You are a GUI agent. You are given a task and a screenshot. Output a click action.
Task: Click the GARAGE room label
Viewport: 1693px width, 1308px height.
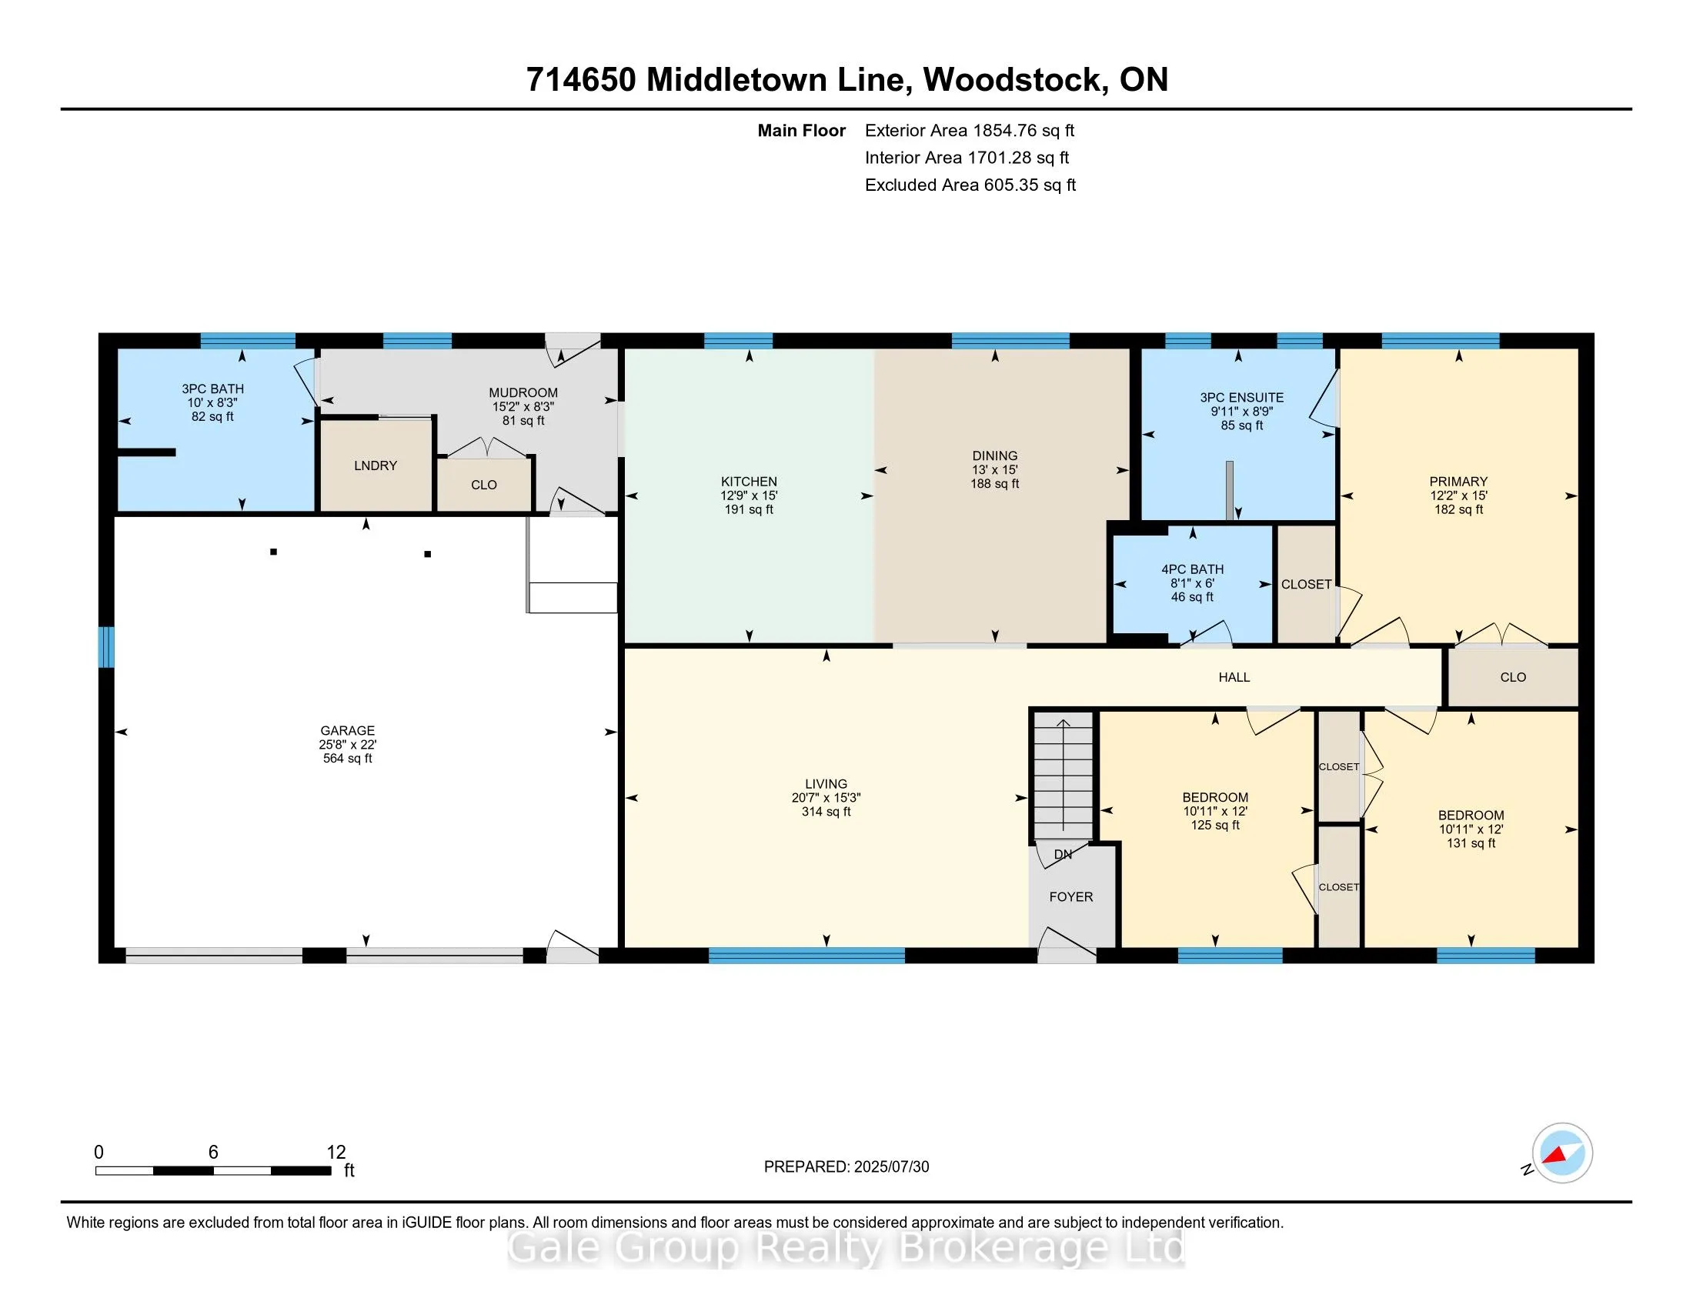tap(347, 731)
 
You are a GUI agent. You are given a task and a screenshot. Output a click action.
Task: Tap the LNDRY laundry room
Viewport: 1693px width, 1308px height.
tap(376, 465)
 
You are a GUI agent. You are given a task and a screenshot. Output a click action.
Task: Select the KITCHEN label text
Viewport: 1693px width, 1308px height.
tap(749, 482)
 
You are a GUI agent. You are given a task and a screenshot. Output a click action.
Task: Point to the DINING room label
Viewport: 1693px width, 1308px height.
tap(994, 456)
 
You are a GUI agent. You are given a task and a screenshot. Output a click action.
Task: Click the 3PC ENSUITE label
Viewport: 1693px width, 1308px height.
tap(1242, 398)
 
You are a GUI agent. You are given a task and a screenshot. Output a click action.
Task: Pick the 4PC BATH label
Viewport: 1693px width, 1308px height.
tap(1192, 569)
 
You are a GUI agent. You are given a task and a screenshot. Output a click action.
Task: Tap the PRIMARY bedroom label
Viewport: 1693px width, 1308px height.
tap(1458, 482)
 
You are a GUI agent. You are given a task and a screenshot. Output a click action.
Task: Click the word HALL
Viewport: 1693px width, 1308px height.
tap(1234, 677)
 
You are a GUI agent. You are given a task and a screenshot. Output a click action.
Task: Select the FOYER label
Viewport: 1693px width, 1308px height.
tap(1071, 896)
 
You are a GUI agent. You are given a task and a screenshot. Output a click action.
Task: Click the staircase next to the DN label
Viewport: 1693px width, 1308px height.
tap(1064, 776)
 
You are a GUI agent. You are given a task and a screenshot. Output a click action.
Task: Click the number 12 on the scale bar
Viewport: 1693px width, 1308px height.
tap(336, 1153)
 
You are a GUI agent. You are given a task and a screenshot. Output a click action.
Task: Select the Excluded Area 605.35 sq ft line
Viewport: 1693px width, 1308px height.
tap(970, 185)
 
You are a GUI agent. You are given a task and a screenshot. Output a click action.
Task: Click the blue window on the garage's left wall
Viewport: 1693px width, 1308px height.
tap(106, 647)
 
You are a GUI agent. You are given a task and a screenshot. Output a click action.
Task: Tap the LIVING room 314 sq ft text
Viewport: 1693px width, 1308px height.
tap(826, 812)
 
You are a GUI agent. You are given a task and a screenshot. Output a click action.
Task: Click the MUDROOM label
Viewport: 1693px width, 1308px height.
tap(523, 393)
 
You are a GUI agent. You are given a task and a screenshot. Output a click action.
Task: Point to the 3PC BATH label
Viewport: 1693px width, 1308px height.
tap(213, 389)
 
